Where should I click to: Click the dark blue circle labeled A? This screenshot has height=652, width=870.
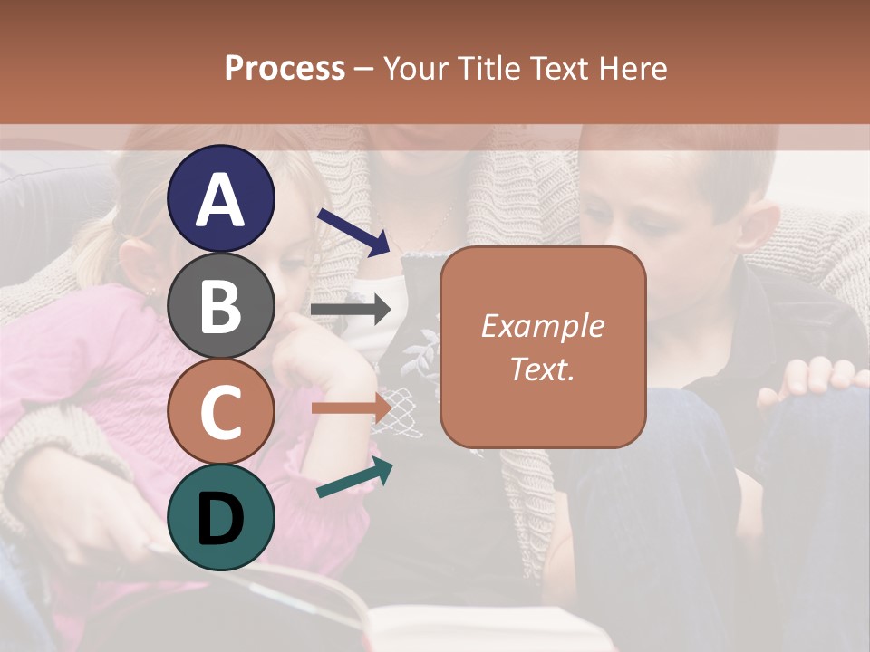pyautogui.click(x=221, y=198)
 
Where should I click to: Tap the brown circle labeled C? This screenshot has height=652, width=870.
pyautogui.click(x=221, y=412)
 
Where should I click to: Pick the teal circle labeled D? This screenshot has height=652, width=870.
pyautogui.click(x=221, y=517)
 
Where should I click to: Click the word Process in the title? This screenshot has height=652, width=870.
pyautogui.click(x=285, y=68)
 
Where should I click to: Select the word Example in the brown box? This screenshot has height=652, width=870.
pyautogui.click(x=542, y=326)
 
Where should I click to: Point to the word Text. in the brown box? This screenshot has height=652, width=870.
pyautogui.click(x=542, y=369)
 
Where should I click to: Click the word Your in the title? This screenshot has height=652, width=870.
pyautogui.click(x=413, y=68)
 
